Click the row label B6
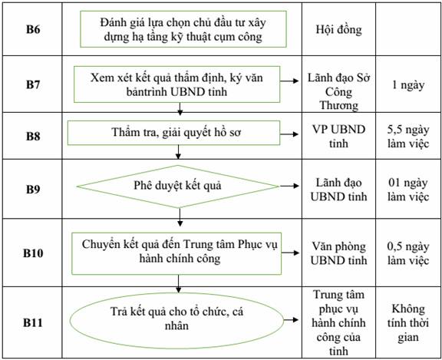[33, 29]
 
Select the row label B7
[33, 84]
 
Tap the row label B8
[33, 136]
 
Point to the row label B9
[33, 189]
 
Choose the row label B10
[33, 253]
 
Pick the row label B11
[33, 322]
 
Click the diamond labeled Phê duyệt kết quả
[177, 187]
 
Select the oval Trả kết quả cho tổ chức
[176, 320]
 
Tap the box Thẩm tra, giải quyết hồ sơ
[173, 133]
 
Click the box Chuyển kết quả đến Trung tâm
[176, 253]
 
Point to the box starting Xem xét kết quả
[177, 84]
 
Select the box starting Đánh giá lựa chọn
[183, 29]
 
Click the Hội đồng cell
[338, 29]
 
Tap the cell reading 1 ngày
[408, 84]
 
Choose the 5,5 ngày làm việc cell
[408, 137]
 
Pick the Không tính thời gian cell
[408, 323]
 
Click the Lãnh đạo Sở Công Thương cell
[338, 91]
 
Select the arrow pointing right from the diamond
[289, 186]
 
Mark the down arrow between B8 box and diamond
[178, 152]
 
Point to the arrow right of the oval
[291, 319]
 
